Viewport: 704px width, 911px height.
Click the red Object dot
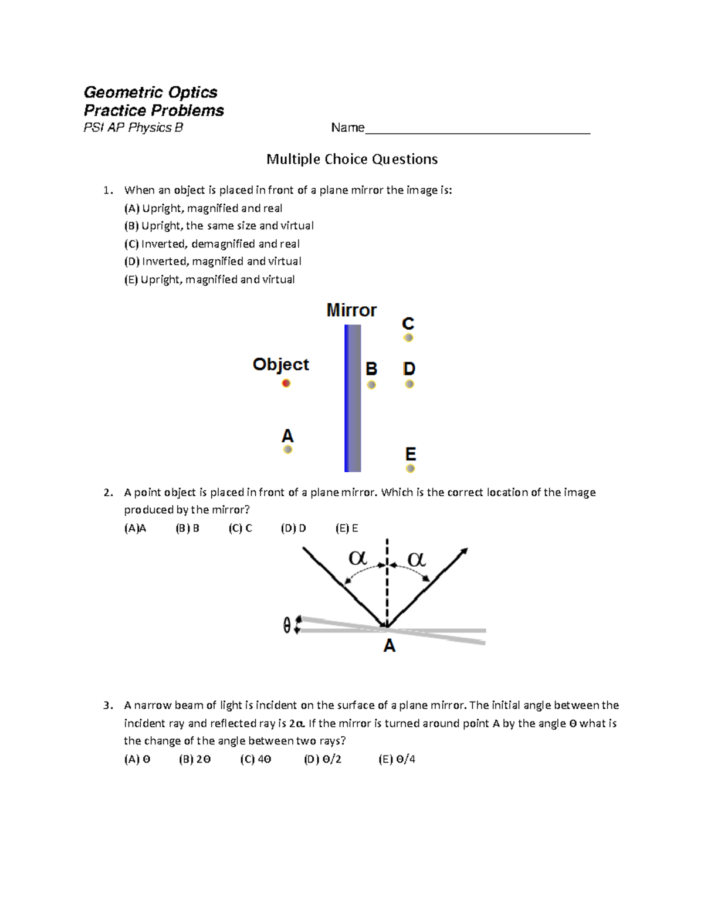point(286,384)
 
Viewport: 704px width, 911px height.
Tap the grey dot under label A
point(287,450)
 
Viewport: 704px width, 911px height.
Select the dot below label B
point(371,385)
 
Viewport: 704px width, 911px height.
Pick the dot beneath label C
point(408,338)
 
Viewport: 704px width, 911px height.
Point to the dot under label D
point(409,384)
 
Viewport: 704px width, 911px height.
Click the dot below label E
point(411,469)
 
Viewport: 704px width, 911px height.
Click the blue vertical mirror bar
point(353,398)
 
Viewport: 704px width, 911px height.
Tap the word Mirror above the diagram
point(351,310)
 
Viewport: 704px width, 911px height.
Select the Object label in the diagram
point(280,365)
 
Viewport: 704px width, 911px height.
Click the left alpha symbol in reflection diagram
point(358,558)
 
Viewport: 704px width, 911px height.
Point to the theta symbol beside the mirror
point(287,626)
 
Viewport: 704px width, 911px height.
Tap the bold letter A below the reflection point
point(389,646)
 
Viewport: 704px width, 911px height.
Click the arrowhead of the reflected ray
point(465,551)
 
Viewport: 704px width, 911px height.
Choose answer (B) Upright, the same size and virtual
point(219,226)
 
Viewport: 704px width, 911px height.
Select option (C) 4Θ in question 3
point(256,759)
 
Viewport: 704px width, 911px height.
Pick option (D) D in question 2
point(293,529)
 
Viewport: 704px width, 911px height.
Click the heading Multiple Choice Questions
point(352,159)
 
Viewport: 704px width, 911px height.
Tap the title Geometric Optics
point(151,92)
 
